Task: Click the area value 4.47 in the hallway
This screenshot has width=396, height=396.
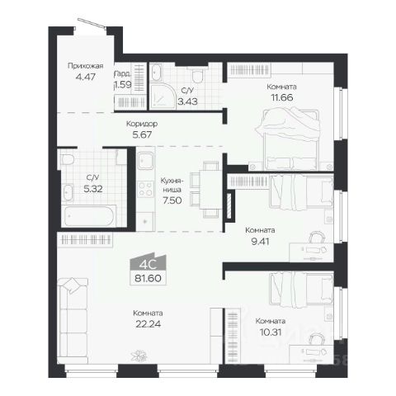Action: [x=86, y=77]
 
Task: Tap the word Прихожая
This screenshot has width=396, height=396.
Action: [x=86, y=66]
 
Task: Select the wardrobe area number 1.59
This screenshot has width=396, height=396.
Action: [x=123, y=84]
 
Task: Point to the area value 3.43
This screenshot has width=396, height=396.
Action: [x=187, y=101]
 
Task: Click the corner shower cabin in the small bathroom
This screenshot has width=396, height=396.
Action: [x=163, y=97]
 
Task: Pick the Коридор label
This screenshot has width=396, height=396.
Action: [x=142, y=124]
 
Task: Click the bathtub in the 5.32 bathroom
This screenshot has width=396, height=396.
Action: [x=89, y=216]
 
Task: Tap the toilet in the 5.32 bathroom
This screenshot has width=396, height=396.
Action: [x=68, y=159]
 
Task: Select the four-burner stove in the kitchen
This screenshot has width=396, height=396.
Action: [x=146, y=189]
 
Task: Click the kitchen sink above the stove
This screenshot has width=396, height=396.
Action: [x=146, y=161]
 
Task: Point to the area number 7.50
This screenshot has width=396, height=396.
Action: [x=172, y=200]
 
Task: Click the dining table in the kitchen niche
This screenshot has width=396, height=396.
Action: [x=210, y=190]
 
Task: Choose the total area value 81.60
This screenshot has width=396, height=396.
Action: [x=148, y=278]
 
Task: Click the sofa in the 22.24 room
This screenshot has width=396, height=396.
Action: [x=73, y=320]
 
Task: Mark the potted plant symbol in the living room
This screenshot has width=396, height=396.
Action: [x=139, y=356]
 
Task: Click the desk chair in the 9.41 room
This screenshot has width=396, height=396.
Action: [x=317, y=237]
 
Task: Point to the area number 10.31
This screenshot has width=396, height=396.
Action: [x=271, y=332]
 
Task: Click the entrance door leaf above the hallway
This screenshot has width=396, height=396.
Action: [x=92, y=23]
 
